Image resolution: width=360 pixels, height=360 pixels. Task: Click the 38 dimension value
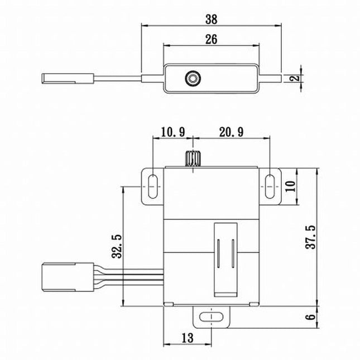[x=211, y=20]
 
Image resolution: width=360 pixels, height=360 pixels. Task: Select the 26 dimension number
[x=211, y=39]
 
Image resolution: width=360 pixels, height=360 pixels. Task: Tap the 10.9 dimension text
[x=173, y=132]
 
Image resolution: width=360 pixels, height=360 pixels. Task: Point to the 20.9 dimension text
[x=231, y=132]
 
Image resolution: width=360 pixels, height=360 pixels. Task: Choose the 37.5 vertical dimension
[x=310, y=237]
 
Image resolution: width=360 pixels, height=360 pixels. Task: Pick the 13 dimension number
[x=188, y=338]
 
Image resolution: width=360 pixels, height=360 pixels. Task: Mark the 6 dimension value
[x=310, y=317]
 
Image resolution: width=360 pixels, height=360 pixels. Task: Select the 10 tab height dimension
[x=290, y=186]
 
